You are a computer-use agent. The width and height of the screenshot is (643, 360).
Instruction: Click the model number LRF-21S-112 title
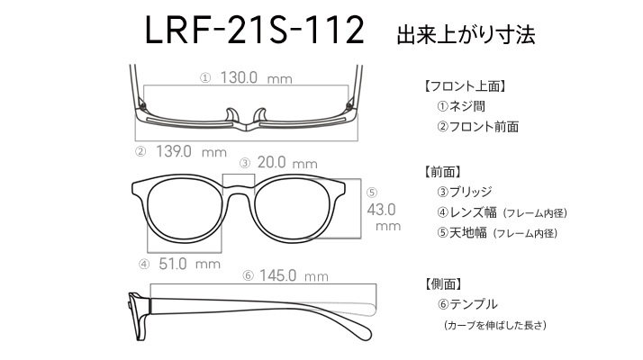(x=255, y=30)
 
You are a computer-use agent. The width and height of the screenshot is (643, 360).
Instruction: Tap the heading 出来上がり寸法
(x=466, y=35)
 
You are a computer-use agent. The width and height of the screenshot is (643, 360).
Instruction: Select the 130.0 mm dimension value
(x=257, y=77)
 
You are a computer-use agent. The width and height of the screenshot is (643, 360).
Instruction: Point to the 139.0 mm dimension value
(x=191, y=151)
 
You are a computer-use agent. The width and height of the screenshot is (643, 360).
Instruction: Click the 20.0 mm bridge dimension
(x=287, y=162)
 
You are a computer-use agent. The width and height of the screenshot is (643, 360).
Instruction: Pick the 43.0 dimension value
(x=381, y=210)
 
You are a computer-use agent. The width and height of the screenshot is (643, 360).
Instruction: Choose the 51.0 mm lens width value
(x=189, y=264)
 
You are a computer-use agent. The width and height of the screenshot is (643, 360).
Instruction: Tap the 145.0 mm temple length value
(x=294, y=275)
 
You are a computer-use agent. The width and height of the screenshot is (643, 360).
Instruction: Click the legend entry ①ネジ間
(x=461, y=106)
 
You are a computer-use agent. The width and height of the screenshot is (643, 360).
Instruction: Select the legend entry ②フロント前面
(x=477, y=127)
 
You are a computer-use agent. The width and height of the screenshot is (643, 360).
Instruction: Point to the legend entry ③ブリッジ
(x=465, y=192)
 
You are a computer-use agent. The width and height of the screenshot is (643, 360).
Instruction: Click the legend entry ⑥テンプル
(x=467, y=304)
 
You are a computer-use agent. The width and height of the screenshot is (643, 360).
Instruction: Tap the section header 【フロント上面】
(x=465, y=86)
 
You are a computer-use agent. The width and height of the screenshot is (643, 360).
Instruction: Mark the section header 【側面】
(x=443, y=283)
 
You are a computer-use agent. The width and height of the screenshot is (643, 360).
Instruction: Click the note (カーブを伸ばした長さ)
(x=495, y=325)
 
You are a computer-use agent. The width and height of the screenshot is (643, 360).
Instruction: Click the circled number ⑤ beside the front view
(x=372, y=193)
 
